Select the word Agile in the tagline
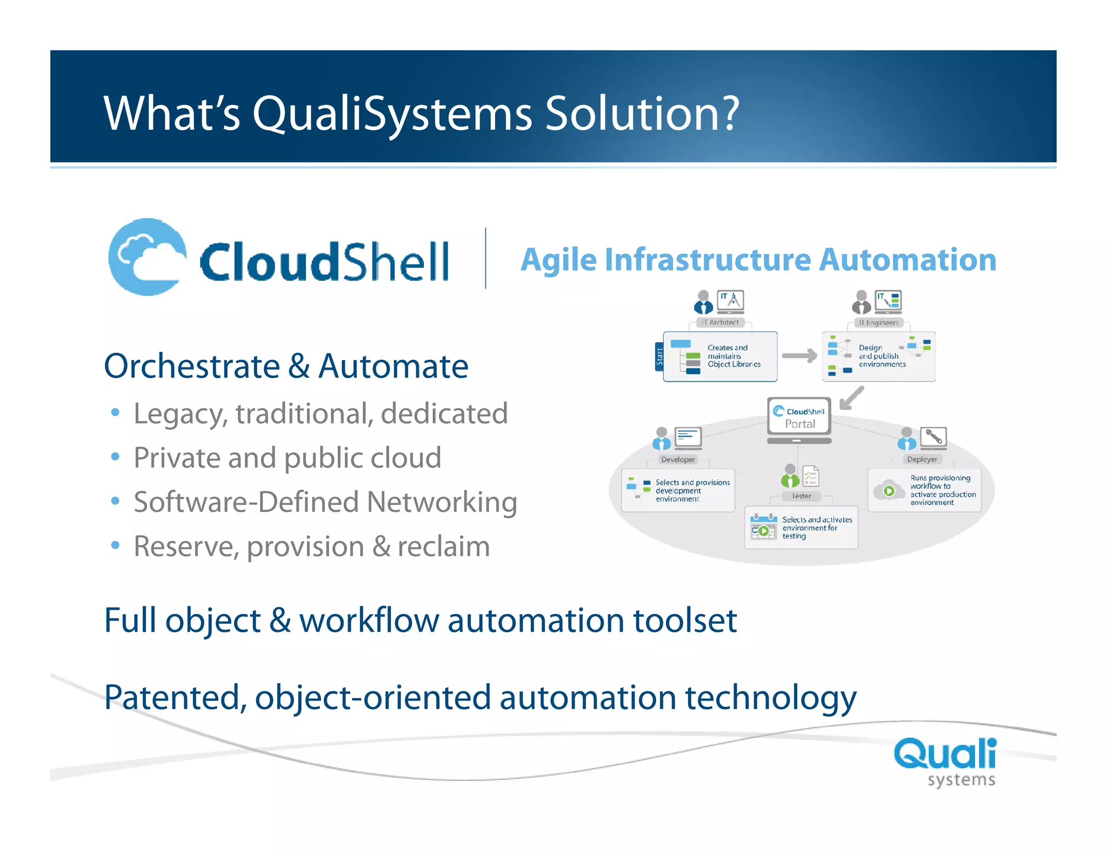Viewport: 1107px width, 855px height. coord(558,260)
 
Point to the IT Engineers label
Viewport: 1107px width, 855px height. coord(879,323)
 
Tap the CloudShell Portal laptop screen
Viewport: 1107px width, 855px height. coord(799,417)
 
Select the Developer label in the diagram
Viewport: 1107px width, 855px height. coord(678,459)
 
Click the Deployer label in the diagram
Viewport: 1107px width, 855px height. coord(922,459)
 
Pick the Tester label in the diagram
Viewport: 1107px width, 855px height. coord(801,496)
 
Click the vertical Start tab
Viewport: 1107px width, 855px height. coord(659,357)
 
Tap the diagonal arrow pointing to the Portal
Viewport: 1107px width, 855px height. coord(852,398)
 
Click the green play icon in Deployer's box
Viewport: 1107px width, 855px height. coord(889,491)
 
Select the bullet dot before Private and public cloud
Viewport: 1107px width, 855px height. coord(115,457)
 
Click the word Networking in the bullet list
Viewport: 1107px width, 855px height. coord(442,503)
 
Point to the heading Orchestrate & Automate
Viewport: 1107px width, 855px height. coord(286,366)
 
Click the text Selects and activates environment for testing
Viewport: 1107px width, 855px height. coord(817,527)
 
